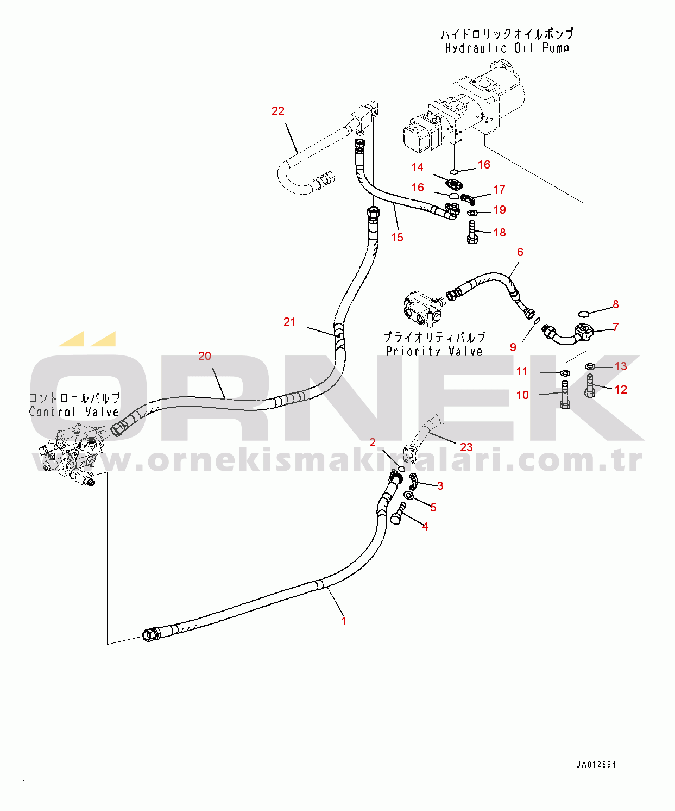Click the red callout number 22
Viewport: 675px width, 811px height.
(278, 111)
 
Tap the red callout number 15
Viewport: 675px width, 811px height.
(397, 238)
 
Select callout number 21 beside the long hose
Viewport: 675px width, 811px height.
(289, 322)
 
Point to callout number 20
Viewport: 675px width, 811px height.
(205, 356)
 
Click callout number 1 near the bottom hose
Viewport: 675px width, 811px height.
(343, 621)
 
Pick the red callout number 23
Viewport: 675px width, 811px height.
(466, 447)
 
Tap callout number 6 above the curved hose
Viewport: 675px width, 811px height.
(520, 252)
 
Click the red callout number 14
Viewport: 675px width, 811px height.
(417, 167)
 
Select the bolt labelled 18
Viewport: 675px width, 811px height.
(472, 232)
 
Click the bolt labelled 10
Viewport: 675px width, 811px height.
(565, 396)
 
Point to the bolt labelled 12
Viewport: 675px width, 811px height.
(590, 386)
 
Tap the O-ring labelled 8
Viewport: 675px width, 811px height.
(584, 314)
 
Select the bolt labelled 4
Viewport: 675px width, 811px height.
(398, 514)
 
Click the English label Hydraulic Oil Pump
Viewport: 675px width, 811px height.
(507, 48)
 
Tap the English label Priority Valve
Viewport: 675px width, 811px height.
(434, 352)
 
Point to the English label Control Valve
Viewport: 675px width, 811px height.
(74, 412)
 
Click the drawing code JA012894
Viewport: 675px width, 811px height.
(596, 764)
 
